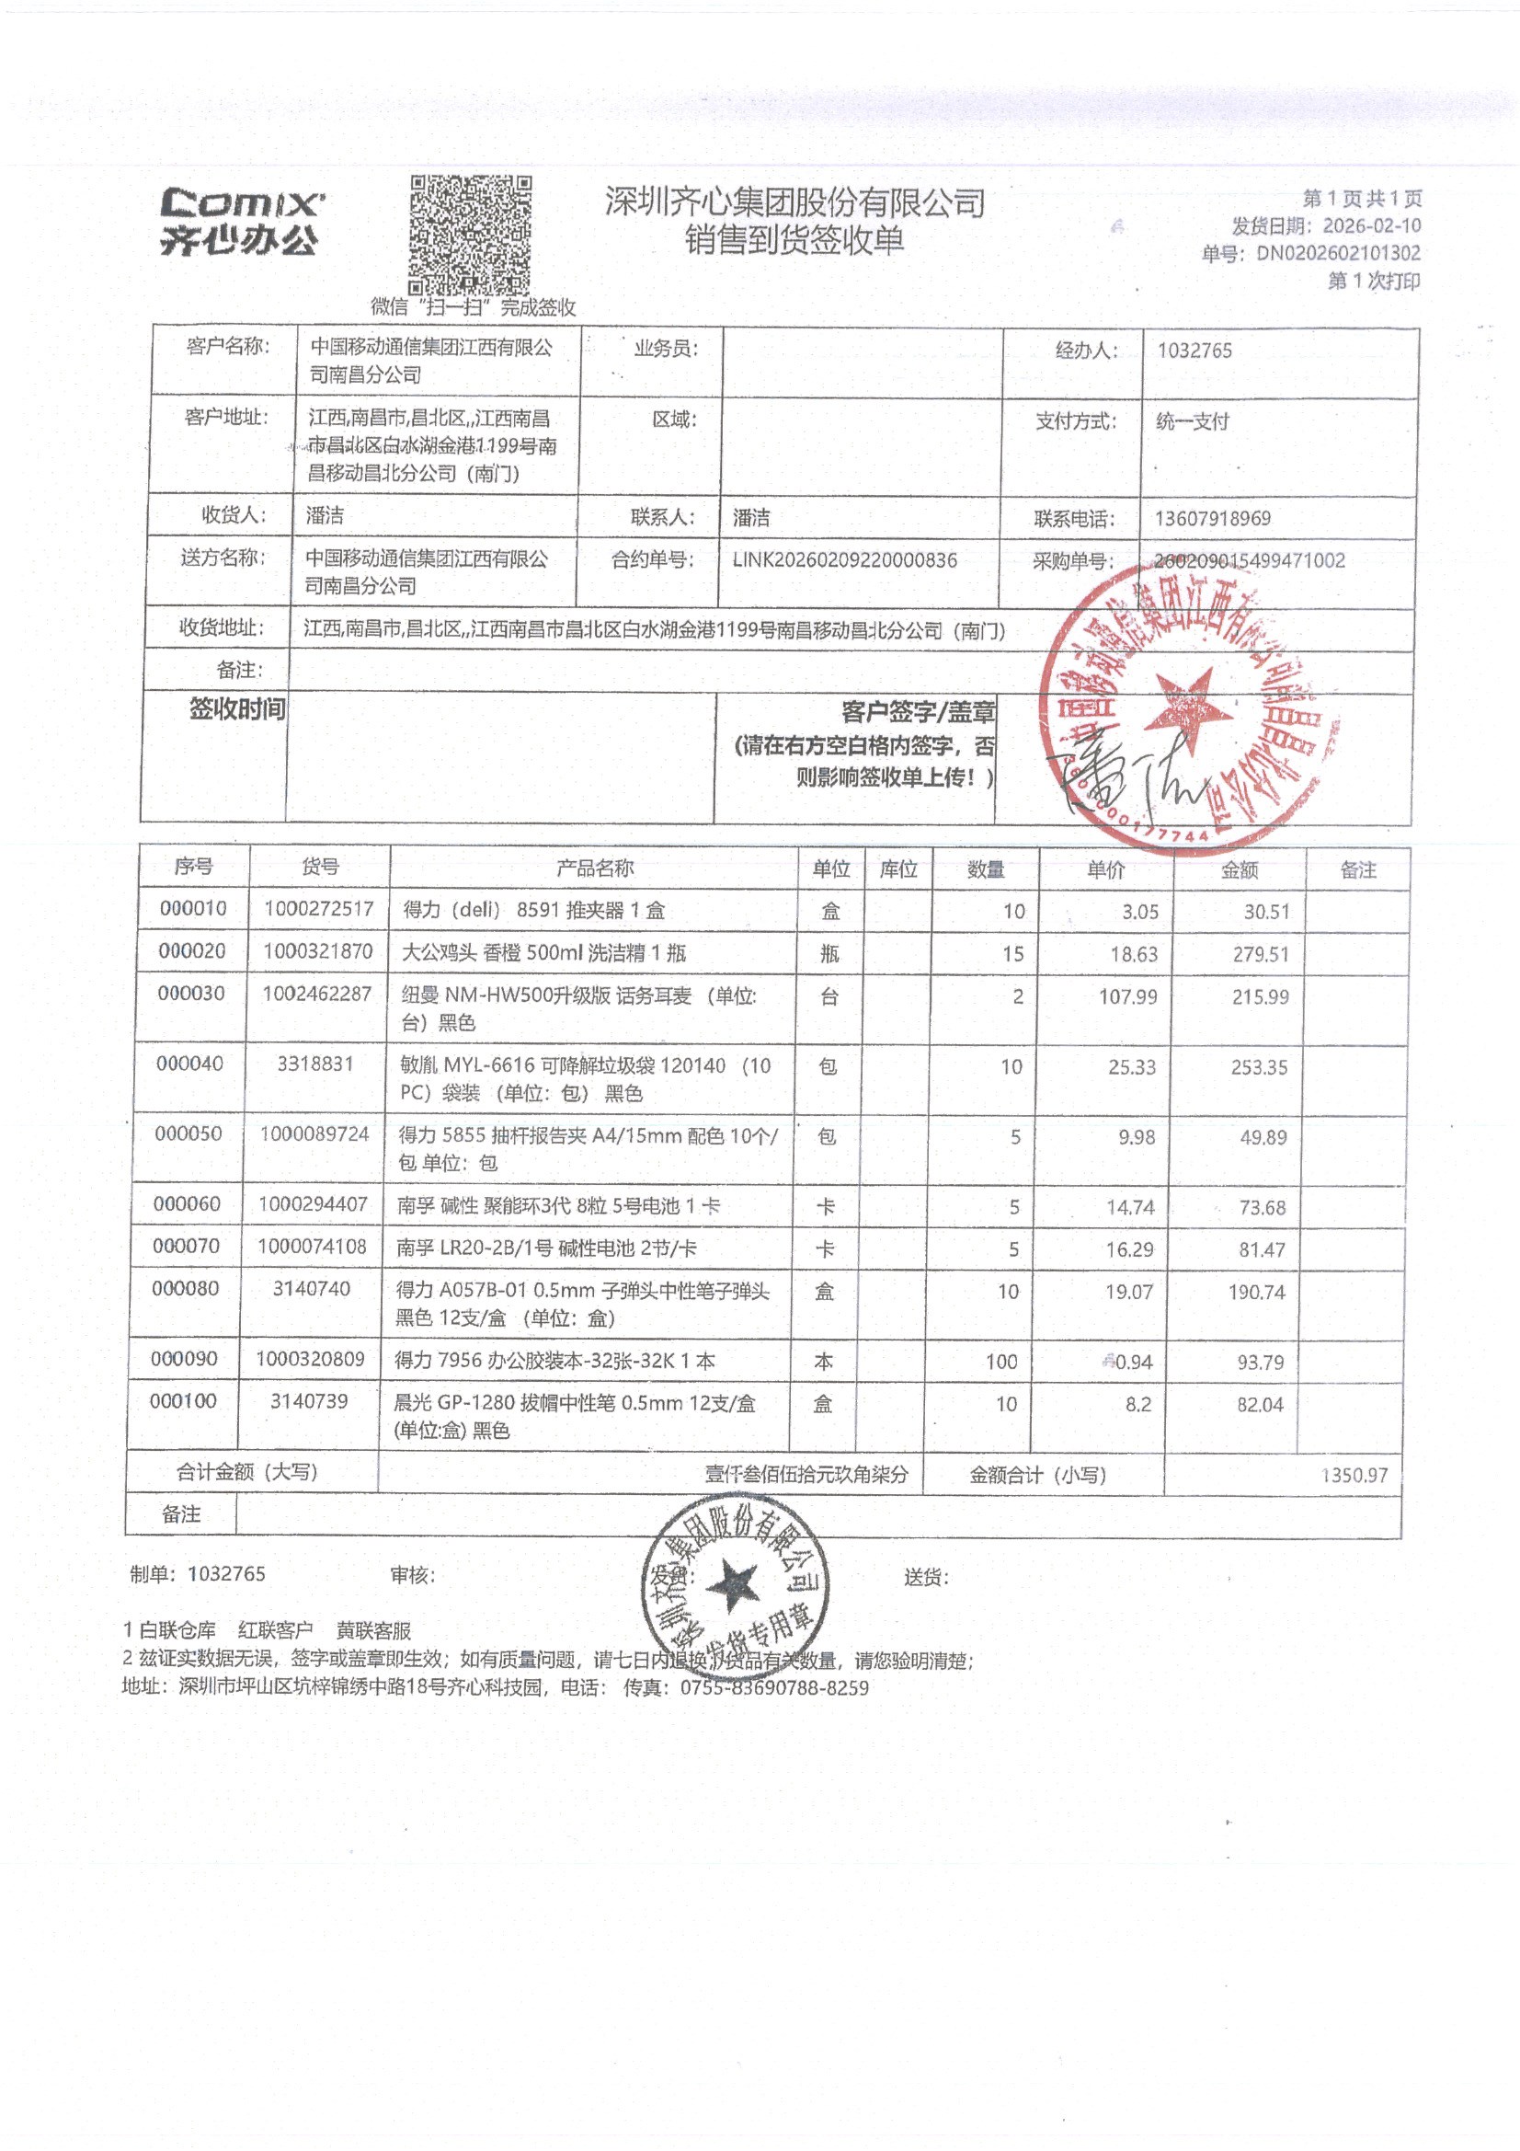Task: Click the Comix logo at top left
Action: pyautogui.click(x=242, y=221)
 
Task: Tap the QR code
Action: pyautogui.click(x=470, y=236)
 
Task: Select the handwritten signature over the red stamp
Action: pyautogui.click(x=1133, y=774)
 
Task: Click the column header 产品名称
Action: pyautogui.click(x=595, y=868)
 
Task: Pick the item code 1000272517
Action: pyautogui.click(x=318, y=909)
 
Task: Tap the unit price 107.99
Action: pyautogui.click(x=1127, y=996)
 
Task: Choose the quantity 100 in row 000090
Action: pyautogui.click(x=1000, y=1362)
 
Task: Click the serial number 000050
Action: pyautogui.click(x=189, y=1133)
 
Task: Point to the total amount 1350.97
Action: pyautogui.click(x=1354, y=1476)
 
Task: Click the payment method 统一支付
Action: pyautogui.click(x=1192, y=421)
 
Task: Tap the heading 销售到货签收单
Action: pyautogui.click(x=794, y=241)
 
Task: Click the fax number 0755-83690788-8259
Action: pyautogui.click(x=773, y=1688)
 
